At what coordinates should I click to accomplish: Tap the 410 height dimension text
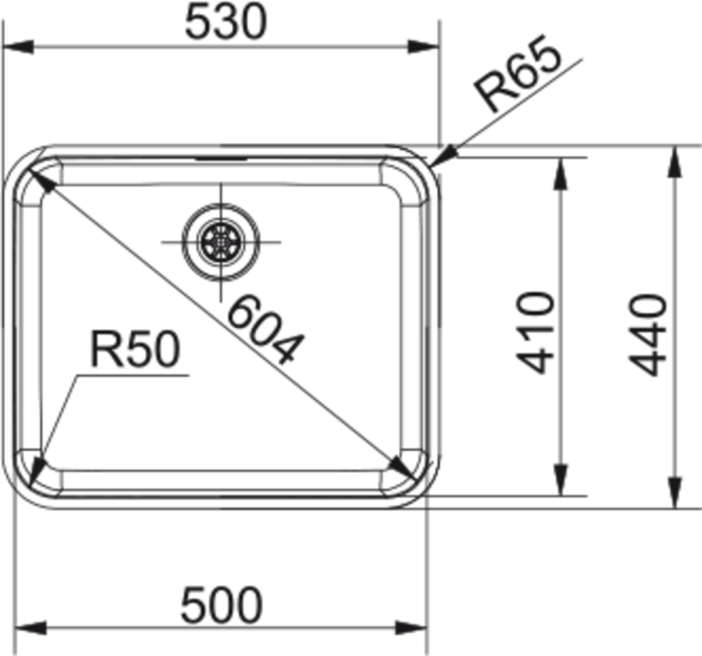[535, 333]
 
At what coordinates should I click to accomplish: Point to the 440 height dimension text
[647, 335]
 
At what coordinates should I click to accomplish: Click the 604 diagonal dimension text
[265, 330]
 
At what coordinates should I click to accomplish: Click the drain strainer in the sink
[221, 242]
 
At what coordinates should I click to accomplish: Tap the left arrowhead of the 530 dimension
[18, 47]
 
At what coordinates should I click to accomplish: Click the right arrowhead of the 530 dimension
[424, 47]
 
